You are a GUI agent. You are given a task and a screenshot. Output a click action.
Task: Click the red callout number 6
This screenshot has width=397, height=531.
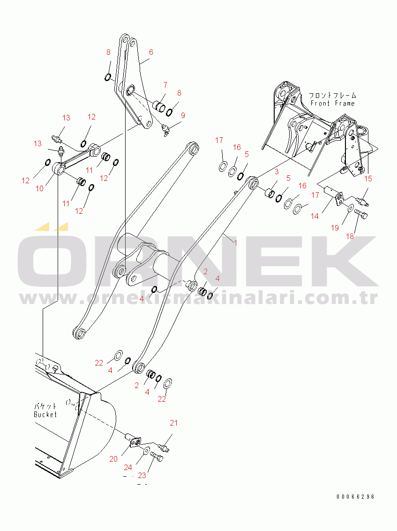coord(151,52)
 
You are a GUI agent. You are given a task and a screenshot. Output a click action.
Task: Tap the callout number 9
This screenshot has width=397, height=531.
coord(183,115)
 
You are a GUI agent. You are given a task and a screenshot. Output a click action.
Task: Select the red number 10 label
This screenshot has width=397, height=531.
coord(40,188)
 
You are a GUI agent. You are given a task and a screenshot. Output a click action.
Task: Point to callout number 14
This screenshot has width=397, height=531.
coord(315,216)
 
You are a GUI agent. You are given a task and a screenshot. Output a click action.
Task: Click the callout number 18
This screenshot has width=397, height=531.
coord(350,236)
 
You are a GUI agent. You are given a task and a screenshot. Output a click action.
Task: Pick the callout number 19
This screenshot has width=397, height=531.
coord(335,228)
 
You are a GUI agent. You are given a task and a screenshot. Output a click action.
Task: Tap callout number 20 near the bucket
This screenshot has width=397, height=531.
coord(113,459)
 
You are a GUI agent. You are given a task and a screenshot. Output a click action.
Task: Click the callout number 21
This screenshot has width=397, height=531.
coord(173,423)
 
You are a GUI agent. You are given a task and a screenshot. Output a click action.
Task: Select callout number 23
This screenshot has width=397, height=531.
coord(142,475)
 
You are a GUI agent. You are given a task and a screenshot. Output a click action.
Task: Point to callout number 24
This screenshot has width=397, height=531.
coord(127,467)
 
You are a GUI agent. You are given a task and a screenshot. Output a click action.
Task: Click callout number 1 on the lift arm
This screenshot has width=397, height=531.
coord(235,243)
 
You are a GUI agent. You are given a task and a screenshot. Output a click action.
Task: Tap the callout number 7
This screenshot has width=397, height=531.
coord(165,85)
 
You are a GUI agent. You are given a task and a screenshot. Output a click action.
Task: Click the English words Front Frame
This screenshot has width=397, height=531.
coord(333,103)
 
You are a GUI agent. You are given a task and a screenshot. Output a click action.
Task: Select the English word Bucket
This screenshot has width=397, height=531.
coord(45,414)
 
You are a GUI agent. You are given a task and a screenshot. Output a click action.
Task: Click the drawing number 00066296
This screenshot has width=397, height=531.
coord(356,497)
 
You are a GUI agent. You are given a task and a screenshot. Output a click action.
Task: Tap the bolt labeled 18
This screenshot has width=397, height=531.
coord(361,214)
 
